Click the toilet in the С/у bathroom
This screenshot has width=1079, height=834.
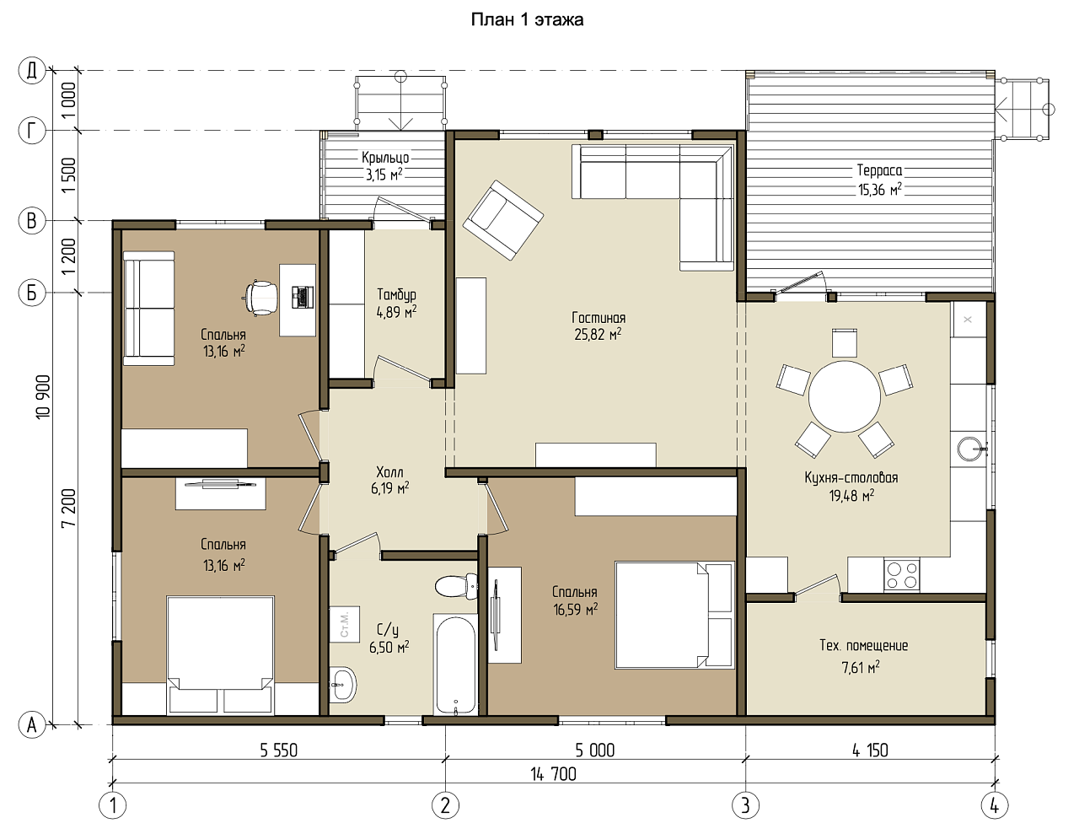[x=456, y=586]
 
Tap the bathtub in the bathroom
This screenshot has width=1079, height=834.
[x=455, y=665]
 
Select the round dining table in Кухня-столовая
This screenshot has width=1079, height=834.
[x=844, y=396]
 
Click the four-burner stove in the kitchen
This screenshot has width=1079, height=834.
[x=901, y=575]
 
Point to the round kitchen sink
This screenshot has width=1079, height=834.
[x=969, y=449]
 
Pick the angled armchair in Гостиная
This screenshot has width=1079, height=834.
[x=503, y=219]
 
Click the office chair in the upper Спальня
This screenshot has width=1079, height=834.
[x=260, y=298]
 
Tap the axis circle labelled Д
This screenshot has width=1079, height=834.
[x=32, y=71]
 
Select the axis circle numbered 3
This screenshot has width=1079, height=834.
[x=745, y=804]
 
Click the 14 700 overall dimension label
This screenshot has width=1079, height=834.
[x=553, y=774]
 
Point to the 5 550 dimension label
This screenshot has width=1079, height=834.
[x=278, y=750]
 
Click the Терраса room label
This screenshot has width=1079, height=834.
[x=879, y=170]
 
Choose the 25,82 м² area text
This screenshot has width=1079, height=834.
[x=598, y=334]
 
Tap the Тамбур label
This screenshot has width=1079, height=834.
[x=396, y=294]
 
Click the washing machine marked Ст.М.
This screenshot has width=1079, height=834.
[x=345, y=624]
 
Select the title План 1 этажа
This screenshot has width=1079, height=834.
[x=527, y=20]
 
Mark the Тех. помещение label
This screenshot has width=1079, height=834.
[x=863, y=645]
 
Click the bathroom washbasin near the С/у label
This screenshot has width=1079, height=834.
[x=343, y=684]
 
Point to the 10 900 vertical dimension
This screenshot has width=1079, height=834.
[x=44, y=396]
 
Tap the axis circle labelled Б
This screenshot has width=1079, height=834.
[x=32, y=293]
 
